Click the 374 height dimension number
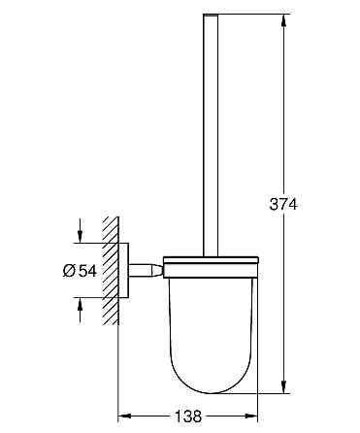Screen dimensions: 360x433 [283, 204]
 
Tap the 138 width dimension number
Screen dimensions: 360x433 [188, 416]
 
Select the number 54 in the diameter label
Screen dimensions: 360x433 [87, 270]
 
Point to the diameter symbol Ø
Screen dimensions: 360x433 [70, 270]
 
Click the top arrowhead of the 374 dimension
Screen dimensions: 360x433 [283, 20]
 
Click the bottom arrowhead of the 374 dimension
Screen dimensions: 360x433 [283, 386]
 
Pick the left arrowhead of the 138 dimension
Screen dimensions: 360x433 [124, 416]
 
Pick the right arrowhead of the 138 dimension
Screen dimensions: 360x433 [251, 416]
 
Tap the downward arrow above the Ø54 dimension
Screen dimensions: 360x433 [81, 230]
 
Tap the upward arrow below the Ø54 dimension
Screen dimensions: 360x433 [81, 310]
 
